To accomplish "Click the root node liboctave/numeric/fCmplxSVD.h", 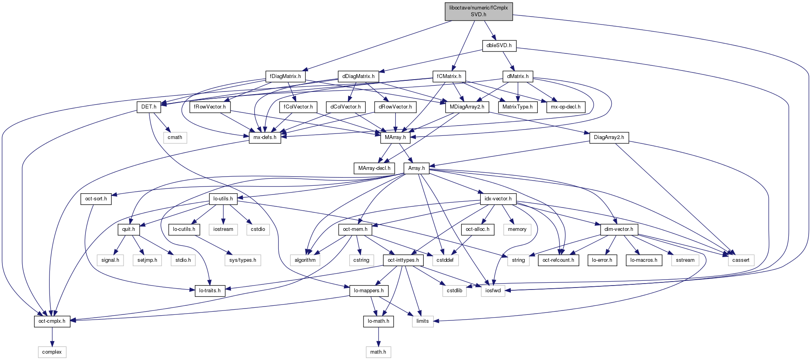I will coord(478,11).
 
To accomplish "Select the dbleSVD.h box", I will coord(499,46).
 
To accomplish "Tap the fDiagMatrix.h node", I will coord(285,76).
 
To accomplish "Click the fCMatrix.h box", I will coord(449,76).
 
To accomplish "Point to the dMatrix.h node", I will coord(518,76).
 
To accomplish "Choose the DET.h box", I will coord(148,107).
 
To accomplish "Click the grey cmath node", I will coord(175,137).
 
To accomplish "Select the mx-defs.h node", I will coord(265,137).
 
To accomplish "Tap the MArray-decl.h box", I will coord(374,168).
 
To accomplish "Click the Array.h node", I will coord(416,168).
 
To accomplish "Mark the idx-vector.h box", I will coord(498,199).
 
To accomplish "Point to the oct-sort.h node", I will coord(96,199).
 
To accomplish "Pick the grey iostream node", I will coord(223,229).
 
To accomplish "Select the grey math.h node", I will coord(378,352).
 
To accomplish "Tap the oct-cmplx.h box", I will coord(52,321).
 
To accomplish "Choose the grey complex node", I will coord(52,352).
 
